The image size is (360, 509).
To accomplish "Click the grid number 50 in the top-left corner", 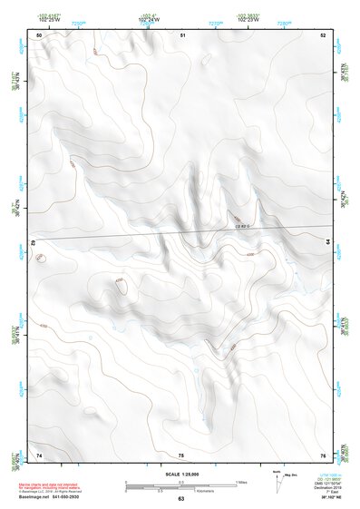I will click(x=39, y=35).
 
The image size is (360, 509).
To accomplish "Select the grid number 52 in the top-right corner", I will click(x=323, y=35).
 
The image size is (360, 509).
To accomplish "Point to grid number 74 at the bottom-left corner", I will click(x=39, y=455).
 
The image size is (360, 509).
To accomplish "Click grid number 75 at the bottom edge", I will click(x=181, y=455).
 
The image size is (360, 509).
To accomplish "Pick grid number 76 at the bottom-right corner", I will click(x=323, y=455).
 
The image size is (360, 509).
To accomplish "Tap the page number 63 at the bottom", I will click(x=180, y=498).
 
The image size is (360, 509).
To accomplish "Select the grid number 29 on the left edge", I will click(x=34, y=243).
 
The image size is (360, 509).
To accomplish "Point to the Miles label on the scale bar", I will click(x=240, y=481).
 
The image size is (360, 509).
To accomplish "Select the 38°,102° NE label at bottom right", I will click(x=323, y=497).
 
